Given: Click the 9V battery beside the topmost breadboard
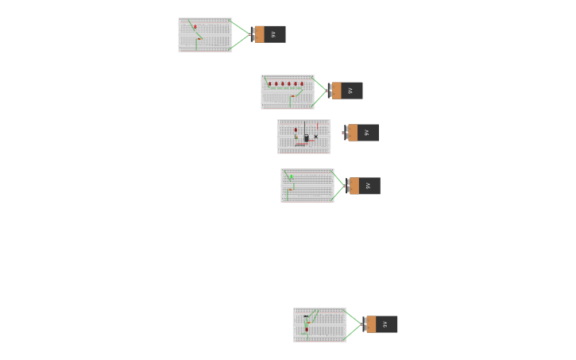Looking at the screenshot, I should [269, 34].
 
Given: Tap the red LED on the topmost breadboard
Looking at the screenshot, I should [195, 27].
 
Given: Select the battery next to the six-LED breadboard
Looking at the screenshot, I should [346, 91].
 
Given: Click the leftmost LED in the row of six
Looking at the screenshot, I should [269, 83].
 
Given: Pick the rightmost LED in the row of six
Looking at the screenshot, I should [302, 83].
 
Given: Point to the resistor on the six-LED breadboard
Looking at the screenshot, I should [293, 96].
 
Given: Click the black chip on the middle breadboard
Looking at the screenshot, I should [306, 138].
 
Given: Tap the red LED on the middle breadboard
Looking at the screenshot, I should [296, 130].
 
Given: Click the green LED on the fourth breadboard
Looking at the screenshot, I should [291, 177].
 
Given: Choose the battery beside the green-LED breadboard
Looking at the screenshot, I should [364, 186].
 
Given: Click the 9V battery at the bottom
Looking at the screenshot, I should [381, 324].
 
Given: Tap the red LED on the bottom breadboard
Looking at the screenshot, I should [307, 328].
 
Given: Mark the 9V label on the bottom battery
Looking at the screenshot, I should [385, 324].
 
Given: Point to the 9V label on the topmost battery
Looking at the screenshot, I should [273, 34].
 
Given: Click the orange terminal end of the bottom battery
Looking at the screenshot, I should [371, 324].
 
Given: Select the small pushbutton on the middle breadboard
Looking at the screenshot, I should [315, 137].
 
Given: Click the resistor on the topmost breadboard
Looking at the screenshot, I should [199, 38].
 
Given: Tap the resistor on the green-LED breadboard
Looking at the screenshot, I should [291, 189].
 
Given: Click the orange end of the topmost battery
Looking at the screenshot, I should [259, 34].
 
